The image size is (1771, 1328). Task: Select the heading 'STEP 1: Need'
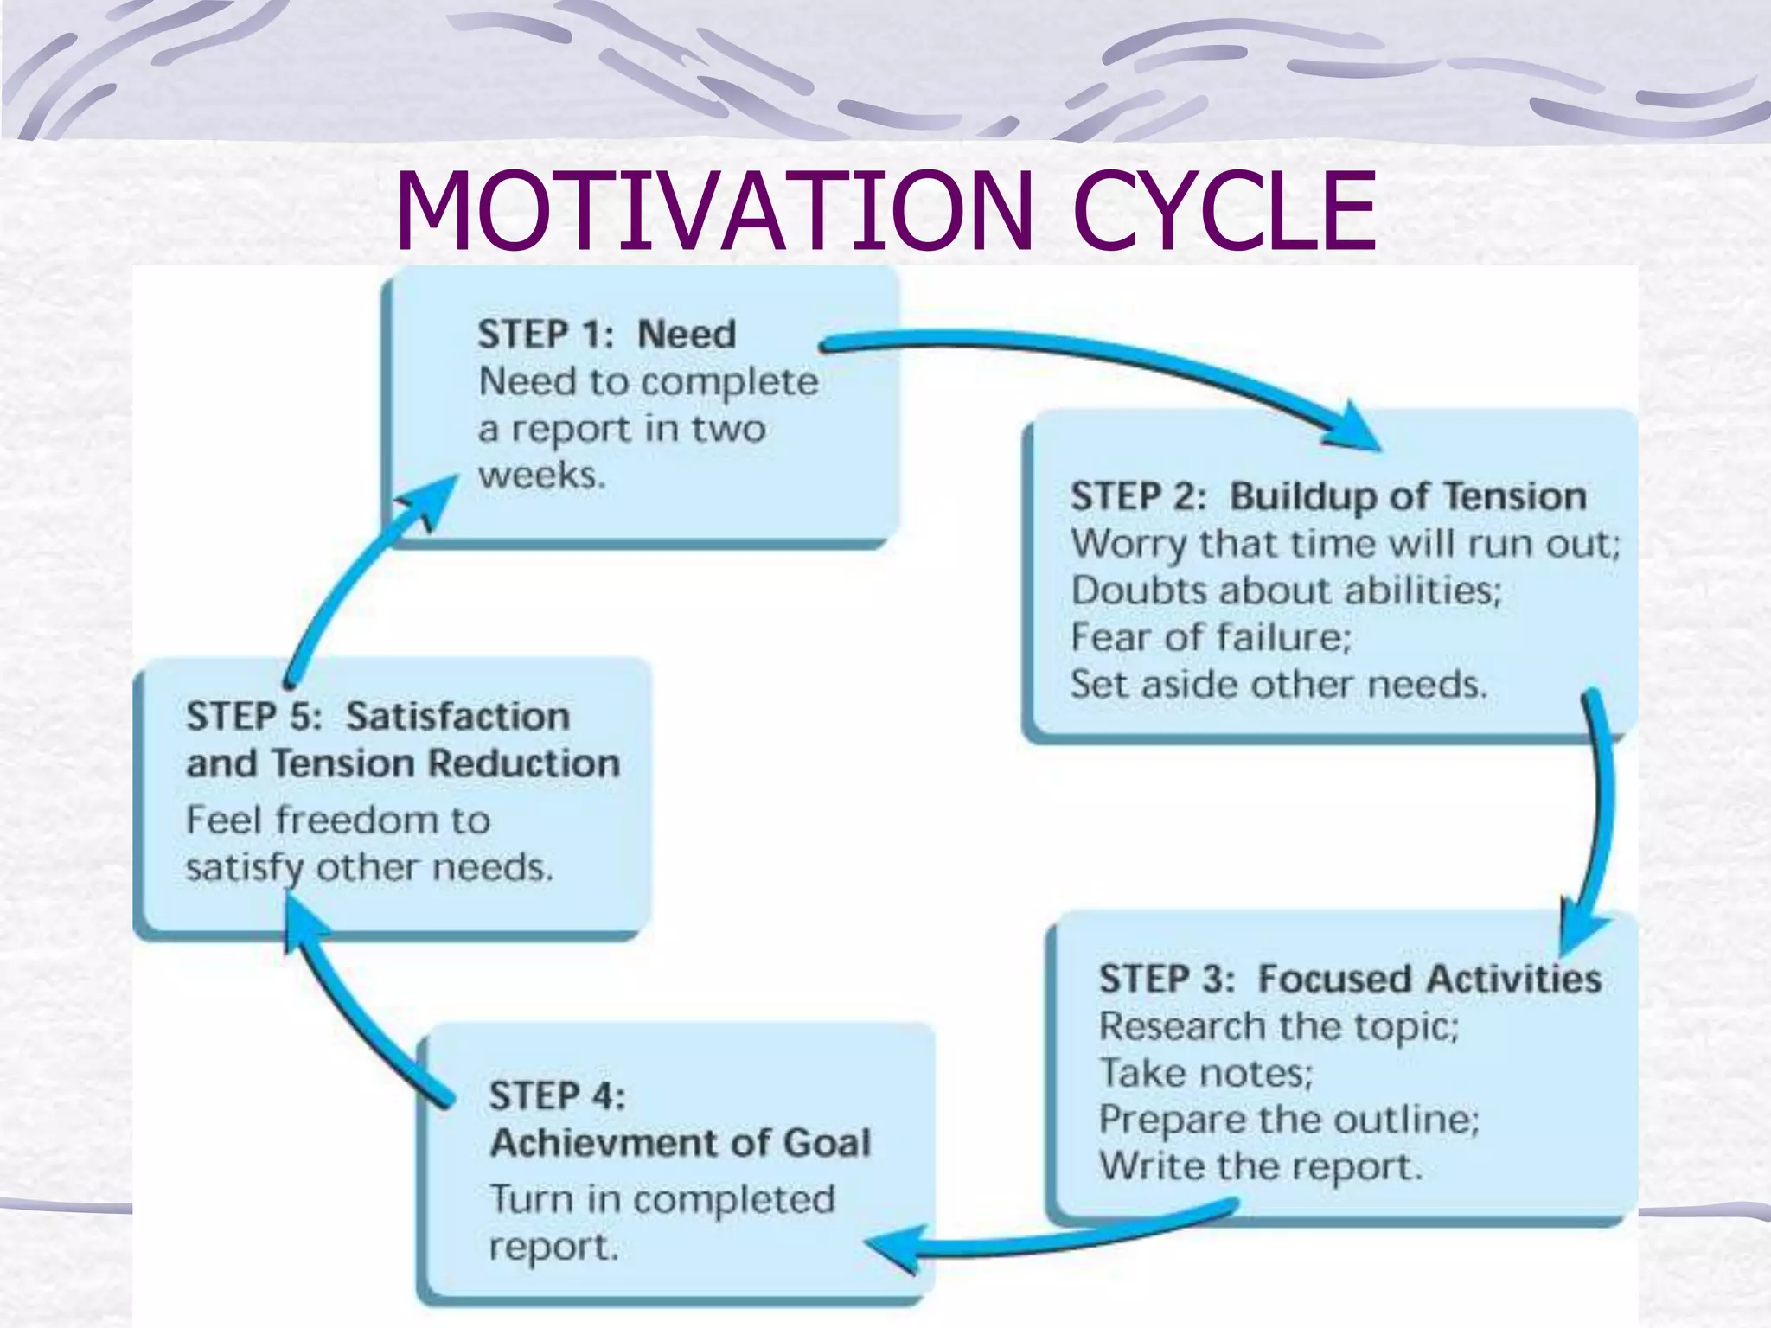[606, 335]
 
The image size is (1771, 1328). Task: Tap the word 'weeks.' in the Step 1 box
[541, 475]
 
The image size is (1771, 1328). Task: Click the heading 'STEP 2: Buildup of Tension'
[1328, 497]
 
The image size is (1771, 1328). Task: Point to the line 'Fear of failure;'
[1210, 638]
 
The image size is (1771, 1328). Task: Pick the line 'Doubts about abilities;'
[1286, 591]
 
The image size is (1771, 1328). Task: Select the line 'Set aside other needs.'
[1278, 685]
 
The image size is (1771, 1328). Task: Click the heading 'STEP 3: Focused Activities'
[1349, 980]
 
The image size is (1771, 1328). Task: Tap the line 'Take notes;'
[1205, 1074]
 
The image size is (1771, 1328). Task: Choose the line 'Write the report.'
[1260, 1167]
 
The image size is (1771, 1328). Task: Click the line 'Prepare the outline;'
[1288, 1120]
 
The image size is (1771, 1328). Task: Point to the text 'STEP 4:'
[557, 1096]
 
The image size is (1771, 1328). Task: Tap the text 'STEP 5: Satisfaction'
[378, 717]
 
